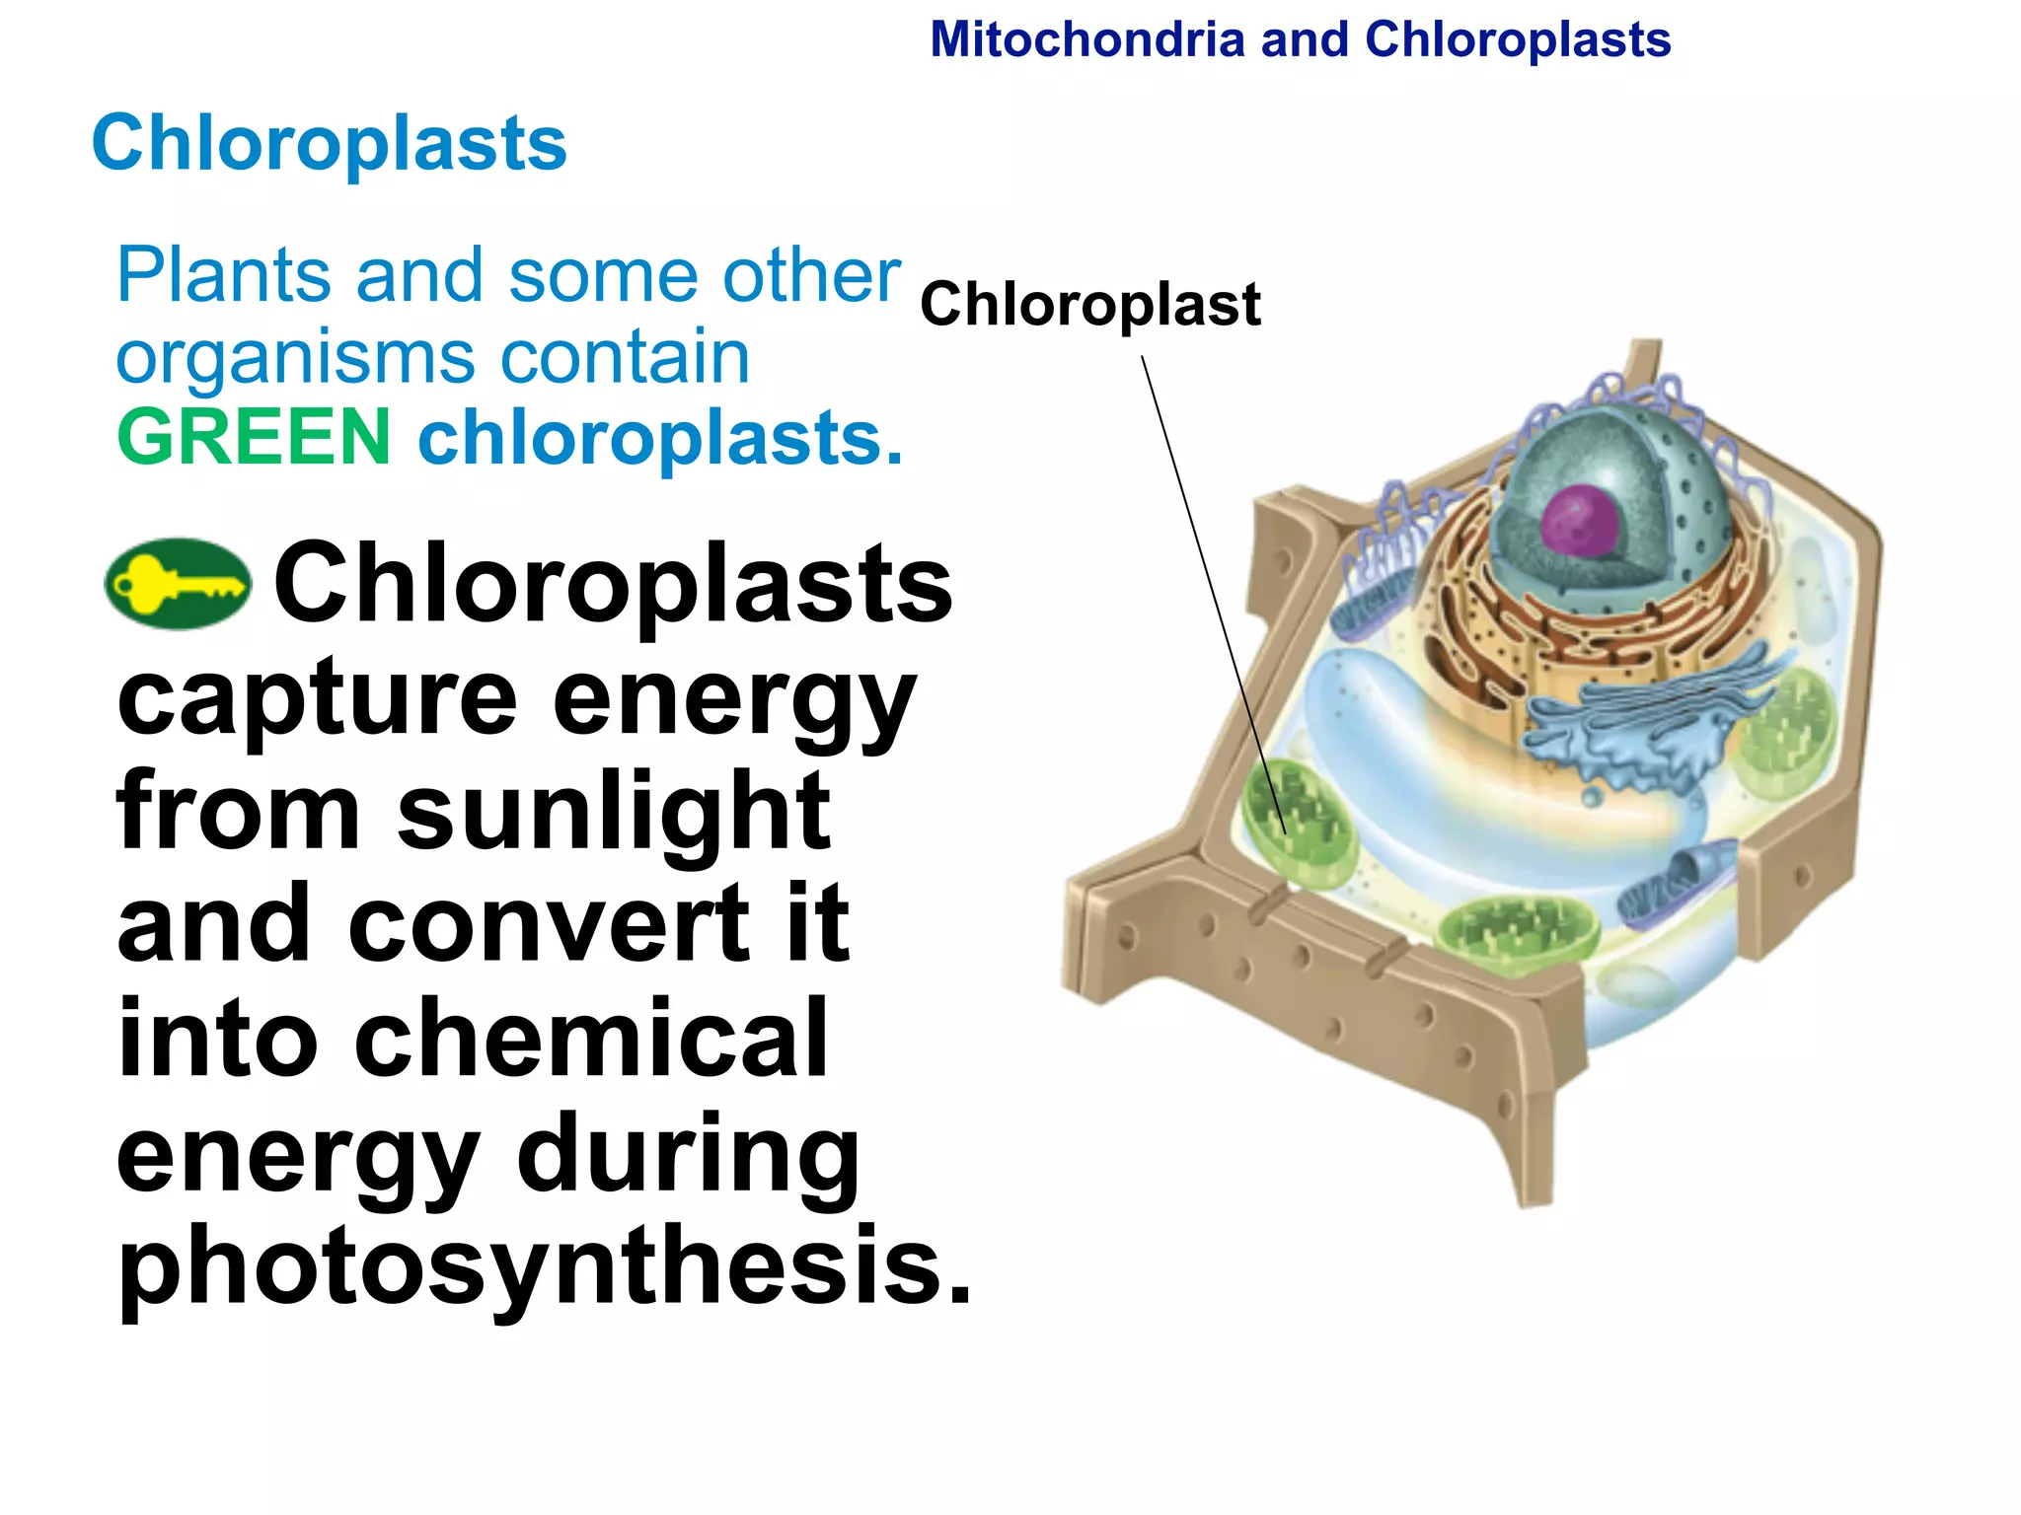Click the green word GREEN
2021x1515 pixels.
[254, 437]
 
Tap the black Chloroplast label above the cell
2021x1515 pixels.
[1089, 304]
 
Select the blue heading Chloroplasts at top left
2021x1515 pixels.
[329, 143]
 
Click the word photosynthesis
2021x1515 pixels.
[544, 1265]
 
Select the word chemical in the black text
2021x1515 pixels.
[591, 1038]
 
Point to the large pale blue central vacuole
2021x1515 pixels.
[1431, 750]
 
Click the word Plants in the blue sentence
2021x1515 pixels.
[223, 275]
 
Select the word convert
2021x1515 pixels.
[549, 924]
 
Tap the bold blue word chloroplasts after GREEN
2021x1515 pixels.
[659, 437]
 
